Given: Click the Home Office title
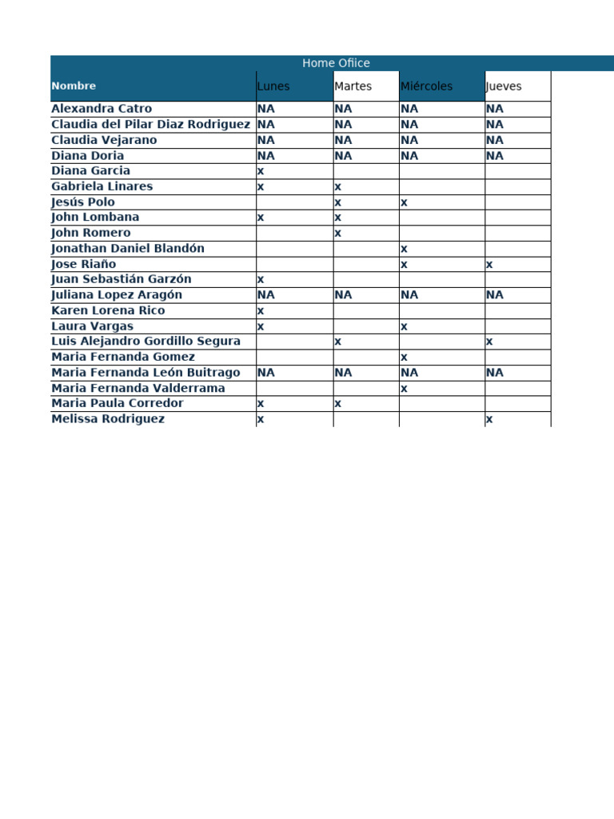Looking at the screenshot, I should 336,63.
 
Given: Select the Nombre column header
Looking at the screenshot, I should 74,86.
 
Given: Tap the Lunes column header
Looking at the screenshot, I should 273,86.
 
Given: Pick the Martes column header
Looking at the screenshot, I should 353,86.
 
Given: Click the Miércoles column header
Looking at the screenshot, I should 426,86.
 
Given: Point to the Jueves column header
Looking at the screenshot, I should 504,86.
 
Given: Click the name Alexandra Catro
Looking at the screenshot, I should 102,109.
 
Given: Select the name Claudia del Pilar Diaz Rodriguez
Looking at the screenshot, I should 150,124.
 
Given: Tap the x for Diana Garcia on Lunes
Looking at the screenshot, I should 261,171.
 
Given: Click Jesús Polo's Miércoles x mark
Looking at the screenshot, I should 405,202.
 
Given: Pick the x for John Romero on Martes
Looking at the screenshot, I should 338,234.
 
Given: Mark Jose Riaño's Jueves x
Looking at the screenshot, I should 489,265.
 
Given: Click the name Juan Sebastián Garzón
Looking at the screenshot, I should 122,279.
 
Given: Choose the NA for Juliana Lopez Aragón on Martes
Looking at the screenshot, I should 343,295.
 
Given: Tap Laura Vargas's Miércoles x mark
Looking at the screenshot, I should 405,326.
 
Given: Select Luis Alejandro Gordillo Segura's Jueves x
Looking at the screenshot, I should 489,342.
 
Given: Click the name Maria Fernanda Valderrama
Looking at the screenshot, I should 138,388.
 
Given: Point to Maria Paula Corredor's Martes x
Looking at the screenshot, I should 338,404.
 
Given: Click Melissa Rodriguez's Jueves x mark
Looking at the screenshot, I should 489,419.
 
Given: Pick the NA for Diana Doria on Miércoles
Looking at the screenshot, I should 409,156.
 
